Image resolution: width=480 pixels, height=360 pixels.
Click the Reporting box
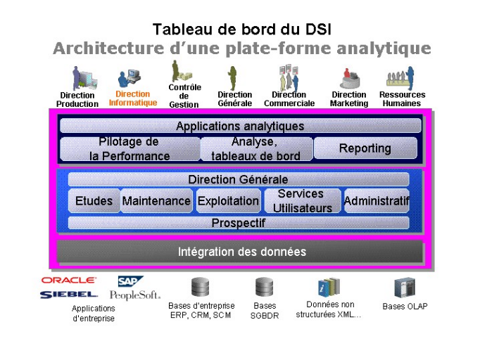point(365,148)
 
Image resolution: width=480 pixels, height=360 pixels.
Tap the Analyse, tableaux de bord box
point(256,149)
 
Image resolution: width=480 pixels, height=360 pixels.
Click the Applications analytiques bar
point(240,127)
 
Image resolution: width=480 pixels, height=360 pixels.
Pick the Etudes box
point(94,201)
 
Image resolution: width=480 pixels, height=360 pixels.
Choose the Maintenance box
point(156,201)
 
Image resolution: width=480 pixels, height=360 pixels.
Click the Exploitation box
point(228,201)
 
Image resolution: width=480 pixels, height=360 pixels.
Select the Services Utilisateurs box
point(302,201)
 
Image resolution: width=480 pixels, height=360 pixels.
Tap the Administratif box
point(377,201)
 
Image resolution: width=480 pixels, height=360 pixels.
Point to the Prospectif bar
point(239,224)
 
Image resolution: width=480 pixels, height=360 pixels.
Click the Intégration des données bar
point(241,252)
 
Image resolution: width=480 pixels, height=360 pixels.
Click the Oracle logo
point(69,280)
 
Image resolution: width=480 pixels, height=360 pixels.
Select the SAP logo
point(131,281)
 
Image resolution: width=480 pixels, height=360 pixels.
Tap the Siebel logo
point(69,294)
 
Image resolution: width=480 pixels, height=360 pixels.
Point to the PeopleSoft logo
point(134,295)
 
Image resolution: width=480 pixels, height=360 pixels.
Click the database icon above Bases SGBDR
point(265,287)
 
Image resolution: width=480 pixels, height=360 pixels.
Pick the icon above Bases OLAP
point(405,288)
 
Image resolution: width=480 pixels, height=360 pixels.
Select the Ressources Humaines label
point(402,99)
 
